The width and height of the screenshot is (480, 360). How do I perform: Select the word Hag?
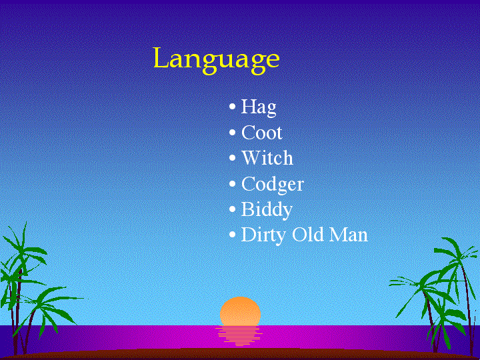[x=259, y=108]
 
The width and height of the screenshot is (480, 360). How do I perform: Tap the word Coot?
[x=262, y=133]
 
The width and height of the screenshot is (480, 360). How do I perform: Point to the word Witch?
[x=267, y=158]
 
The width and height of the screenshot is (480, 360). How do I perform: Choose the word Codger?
[x=273, y=185]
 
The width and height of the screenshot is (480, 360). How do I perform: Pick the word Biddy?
[x=267, y=210]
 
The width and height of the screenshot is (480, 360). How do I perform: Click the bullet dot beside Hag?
[x=233, y=107]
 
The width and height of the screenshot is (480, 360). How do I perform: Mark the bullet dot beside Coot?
[x=233, y=133]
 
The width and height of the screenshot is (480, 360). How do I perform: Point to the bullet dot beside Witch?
[x=233, y=158]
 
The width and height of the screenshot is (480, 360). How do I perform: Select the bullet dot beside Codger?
[x=233, y=184]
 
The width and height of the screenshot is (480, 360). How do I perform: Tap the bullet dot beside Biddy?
[x=233, y=209]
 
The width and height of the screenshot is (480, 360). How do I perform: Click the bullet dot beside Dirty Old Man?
[x=233, y=235]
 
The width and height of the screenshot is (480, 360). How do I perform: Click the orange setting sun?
[x=240, y=311]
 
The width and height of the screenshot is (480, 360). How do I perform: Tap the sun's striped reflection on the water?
[x=239, y=336]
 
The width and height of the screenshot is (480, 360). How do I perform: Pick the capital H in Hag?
[x=249, y=106]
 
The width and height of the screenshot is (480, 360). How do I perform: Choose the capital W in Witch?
[x=253, y=158]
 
